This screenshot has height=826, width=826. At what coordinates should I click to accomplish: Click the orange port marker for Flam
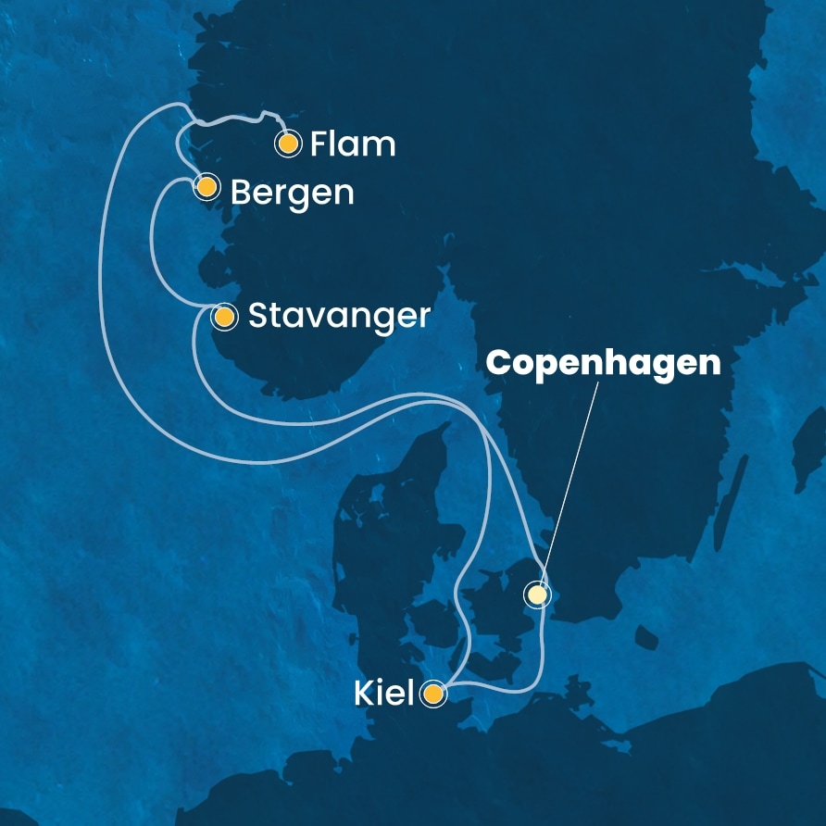[x=289, y=144]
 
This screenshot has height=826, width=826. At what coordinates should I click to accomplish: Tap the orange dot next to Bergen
[x=206, y=187]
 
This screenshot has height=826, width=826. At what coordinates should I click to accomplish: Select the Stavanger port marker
[x=223, y=318]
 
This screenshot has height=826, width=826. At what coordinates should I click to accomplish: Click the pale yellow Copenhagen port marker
[x=536, y=594]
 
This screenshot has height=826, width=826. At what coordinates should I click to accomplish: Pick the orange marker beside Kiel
[x=432, y=693]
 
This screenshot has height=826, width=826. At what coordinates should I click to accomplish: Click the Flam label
[x=353, y=144]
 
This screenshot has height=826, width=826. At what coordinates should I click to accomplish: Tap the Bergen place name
[x=292, y=193]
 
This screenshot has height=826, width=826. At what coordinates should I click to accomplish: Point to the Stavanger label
[x=339, y=318]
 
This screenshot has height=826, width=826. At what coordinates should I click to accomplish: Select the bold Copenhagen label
[x=604, y=363]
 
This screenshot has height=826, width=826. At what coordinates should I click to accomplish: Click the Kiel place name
[x=383, y=694]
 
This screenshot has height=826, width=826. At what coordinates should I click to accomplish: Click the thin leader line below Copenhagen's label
[x=569, y=482]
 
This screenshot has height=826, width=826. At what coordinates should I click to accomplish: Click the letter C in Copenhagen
[x=500, y=363]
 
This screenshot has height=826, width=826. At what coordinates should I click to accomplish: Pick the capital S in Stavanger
[x=257, y=318]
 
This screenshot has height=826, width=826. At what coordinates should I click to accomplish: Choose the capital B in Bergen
[x=240, y=193]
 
